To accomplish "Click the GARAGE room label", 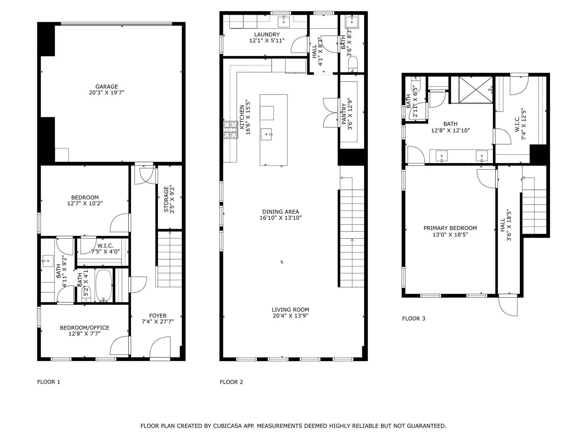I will [x=107, y=86].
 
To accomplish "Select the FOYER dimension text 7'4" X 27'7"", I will [x=158, y=322].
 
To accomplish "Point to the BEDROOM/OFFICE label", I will [x=85, y=328].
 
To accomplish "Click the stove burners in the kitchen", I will [x=231, y=130].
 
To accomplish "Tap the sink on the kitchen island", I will [x=267, y=134].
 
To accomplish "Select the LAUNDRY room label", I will [x=267, y=34].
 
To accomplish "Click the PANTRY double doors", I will [x=330, y=113].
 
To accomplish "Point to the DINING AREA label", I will [x=281, y=212].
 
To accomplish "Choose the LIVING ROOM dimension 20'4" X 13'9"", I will [x=290, y=316].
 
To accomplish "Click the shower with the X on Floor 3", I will [x=476, y=89].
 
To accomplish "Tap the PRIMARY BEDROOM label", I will [x=450, y=228].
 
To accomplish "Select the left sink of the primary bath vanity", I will [x=442, y=156].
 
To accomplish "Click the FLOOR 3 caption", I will [x=414, y=318].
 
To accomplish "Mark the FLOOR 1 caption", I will [x=49, y=382].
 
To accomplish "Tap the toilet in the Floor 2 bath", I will [x=353, y=64].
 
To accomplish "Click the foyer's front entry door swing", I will [x=159, y=348].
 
